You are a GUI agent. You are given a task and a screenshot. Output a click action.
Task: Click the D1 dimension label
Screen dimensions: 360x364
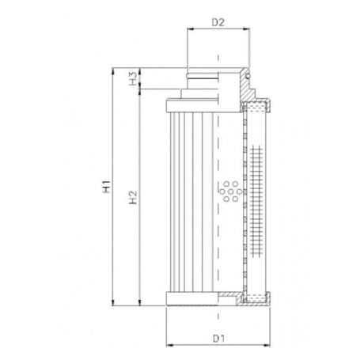(217, 339)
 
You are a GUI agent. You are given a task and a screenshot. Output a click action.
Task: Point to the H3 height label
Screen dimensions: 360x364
(133, 79)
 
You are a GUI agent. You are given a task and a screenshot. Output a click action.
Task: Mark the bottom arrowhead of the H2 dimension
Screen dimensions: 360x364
(142, 304)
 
